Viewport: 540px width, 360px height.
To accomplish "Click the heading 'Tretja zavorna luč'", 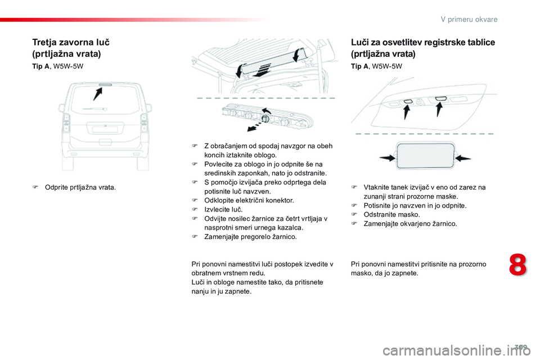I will click(71, 42).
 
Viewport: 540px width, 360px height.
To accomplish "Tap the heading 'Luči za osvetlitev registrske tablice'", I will click(422, 42).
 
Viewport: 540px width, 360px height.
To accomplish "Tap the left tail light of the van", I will click(66, 121).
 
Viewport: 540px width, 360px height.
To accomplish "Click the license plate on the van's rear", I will click(105, 129).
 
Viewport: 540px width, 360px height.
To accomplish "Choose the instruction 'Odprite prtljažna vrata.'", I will click(80, 187).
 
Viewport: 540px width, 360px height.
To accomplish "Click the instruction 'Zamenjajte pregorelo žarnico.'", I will click(250, 237).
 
